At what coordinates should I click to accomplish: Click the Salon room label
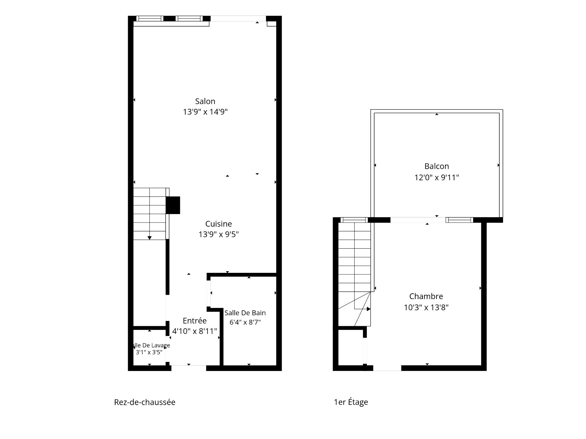205,101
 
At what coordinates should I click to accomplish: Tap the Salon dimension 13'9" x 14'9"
205,112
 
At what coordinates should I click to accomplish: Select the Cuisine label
219,224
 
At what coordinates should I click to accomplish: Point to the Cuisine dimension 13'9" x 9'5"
219,234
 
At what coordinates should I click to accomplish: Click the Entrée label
195,321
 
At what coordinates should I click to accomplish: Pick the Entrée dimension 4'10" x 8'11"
195,331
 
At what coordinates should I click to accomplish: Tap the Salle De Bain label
245,313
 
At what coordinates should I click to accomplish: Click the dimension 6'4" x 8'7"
245,322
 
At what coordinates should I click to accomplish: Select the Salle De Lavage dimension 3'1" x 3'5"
149,352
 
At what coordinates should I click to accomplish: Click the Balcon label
437,166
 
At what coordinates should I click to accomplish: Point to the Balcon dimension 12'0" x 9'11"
437,177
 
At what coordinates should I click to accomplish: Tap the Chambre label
426,296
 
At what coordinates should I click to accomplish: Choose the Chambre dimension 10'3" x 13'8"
426,307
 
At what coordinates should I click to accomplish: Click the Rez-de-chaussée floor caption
145,402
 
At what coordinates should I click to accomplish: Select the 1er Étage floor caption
351,402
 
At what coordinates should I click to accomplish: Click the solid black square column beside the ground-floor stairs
173,205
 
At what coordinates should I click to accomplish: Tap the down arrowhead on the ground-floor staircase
150,238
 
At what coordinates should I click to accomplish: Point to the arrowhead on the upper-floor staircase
369,309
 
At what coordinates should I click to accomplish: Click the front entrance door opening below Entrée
189,368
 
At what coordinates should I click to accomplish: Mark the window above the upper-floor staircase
354,220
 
